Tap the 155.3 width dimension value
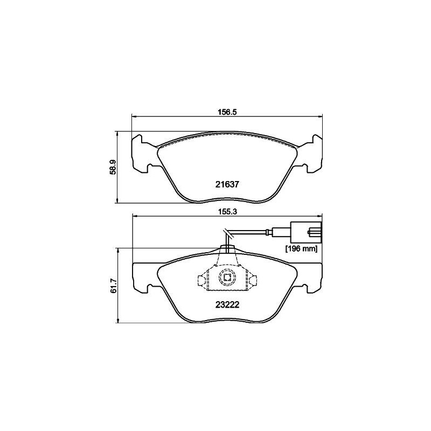[227, 212]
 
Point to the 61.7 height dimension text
[113, 286]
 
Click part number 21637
[227, 183]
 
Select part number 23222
[227, 303]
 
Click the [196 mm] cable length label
[301, 249]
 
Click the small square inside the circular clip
[227, 279]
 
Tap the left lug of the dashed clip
[201, 280]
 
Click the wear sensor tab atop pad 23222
[227, 249]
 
